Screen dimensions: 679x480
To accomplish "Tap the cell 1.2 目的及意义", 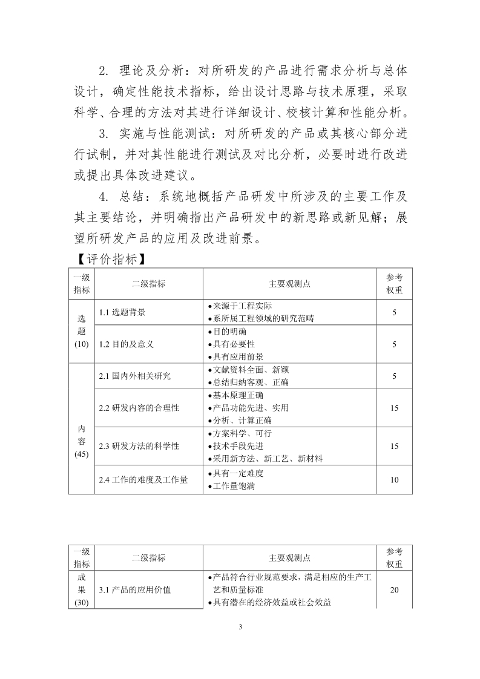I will pyautogui.click(x=126, y=344).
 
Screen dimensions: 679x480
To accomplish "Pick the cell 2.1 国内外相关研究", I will pyautogui.click(x=134, y=376).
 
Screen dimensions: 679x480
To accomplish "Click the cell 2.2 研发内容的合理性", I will pyautogui.click(x=139, y=408).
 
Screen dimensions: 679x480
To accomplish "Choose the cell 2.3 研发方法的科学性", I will pyautogui.click(x=139, y=446).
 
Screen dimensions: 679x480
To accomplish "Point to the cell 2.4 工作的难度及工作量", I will pyautogui.click(x=143, y=479).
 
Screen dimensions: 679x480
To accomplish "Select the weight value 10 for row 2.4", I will pyautogui.click(x=394, y=479).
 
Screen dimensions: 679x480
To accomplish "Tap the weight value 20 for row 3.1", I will pyautogui.click(x=394, y=589).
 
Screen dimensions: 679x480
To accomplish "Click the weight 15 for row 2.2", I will pyautogui.click(x=394, y=408).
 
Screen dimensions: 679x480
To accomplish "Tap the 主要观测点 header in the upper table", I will pyautogui.click(x=289, y=283).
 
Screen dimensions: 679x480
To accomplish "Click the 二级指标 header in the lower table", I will pyautogui.click(x=148, y=557).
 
